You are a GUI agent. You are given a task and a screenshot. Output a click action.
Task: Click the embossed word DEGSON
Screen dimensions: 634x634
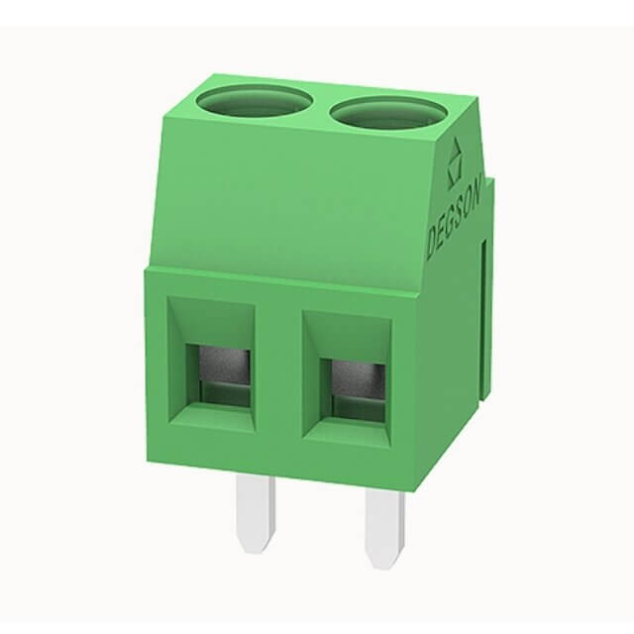454,217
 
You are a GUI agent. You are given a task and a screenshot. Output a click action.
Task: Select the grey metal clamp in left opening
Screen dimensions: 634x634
225,366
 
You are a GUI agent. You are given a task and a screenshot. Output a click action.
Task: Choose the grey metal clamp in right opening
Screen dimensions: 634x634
359,378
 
